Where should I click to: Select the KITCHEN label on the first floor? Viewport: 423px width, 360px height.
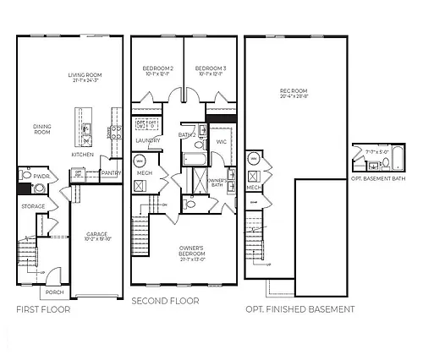82,155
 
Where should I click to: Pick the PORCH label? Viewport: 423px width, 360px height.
55,292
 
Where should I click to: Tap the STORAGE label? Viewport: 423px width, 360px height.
34,205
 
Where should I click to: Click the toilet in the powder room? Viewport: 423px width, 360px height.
25,176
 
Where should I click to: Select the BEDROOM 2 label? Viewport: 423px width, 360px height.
158,71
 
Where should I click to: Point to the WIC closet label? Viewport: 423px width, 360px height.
221,142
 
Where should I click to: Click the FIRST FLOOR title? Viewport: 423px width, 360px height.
43,310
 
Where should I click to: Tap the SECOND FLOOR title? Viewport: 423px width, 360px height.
165,301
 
